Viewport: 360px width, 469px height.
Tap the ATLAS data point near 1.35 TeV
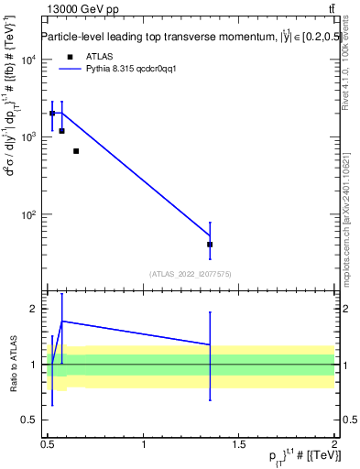point(210,245)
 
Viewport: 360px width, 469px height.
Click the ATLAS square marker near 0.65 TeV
point(76,151)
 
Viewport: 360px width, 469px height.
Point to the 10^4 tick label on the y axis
point(29,60)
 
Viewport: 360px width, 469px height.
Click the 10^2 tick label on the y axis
point(29,215)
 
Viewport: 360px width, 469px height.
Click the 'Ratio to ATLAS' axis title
point(12,365)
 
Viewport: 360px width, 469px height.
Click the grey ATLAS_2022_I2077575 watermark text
point(191,274)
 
